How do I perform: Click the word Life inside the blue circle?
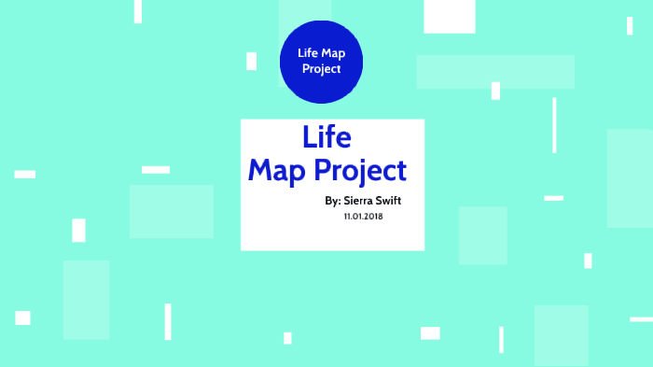click(308, 53)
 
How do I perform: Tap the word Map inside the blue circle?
click(334, 53)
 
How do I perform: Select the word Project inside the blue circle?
click(321, 69)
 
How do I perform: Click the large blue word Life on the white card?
click(326, 137)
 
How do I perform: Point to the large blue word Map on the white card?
click(277, 171)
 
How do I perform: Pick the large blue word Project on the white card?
click(360, 172)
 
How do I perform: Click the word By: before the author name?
click(333, 201)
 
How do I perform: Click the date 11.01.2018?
click(364, 216)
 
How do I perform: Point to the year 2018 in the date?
click(374, 216)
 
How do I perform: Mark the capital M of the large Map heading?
click(260, 171)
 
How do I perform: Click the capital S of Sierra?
click(348, 201)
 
